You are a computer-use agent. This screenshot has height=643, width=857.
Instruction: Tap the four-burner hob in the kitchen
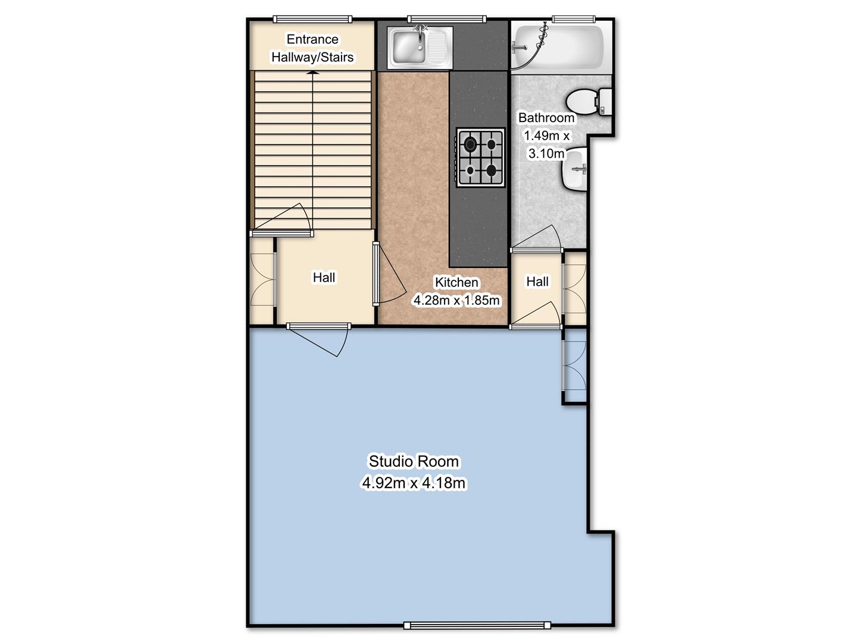pos(480,158)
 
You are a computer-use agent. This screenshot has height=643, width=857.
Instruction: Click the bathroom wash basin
pos(574,170)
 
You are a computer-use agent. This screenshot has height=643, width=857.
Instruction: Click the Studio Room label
pos(414,461)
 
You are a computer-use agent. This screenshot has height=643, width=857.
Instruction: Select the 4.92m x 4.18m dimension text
pos(414,483)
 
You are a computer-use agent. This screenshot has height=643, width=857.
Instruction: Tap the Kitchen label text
pos(456,282)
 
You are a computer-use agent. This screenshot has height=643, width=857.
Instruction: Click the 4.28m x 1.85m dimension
pos(456,300)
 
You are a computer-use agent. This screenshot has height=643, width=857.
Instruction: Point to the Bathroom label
pos(546,117)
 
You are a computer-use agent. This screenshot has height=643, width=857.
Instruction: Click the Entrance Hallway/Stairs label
pos(312,48)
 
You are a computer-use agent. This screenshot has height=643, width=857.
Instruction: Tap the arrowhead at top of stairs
pos(313,73)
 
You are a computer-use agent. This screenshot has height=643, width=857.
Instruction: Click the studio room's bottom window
pos(477,625)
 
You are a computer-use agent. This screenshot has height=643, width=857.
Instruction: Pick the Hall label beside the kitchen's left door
pos(324,277)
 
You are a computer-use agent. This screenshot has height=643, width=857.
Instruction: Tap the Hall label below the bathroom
pos(537,282)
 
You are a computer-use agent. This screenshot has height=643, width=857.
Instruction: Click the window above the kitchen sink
pos(446,19)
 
